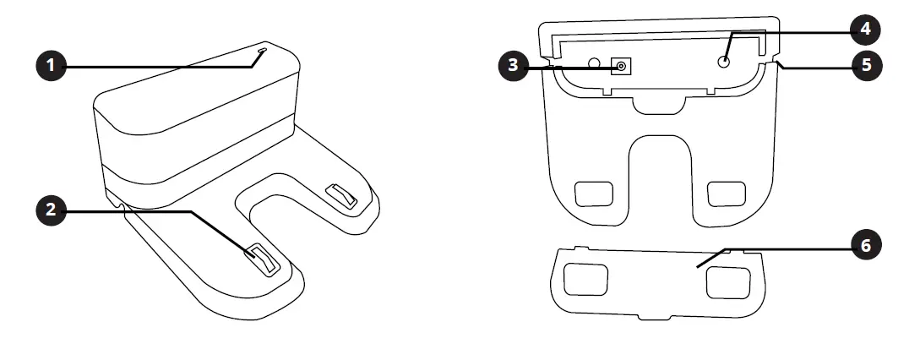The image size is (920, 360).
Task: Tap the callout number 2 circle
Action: pyautogui.click(x=52, y=210)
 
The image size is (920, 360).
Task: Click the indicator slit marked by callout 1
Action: pyautogui.click(x=261, y=53)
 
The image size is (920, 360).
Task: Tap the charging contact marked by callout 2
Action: pyautogui.click(x=260, y=258)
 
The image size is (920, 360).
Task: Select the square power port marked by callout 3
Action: pyautogui.click(x=622, y=67)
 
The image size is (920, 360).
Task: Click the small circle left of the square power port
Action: pyautogui.click(x=594, y=63)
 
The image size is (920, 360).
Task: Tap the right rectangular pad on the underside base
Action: pyautogui.click(x=725, y=193)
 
